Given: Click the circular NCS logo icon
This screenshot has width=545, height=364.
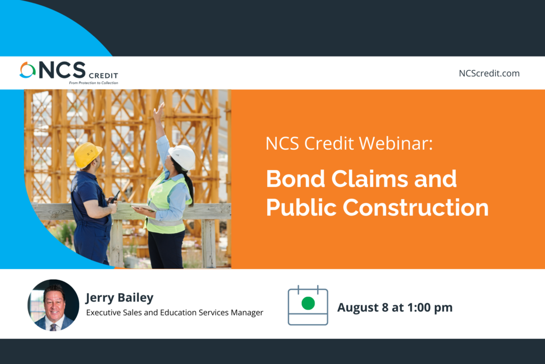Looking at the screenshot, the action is [x=28, y=70].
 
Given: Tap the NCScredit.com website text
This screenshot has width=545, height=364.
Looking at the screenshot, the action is [x=489, y=74].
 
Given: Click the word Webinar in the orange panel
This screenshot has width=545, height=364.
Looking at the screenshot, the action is [x=395, y=143].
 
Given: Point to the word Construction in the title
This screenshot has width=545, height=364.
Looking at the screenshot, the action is [x=416, y=207].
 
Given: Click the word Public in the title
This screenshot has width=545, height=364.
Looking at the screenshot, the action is [x=301, y=207].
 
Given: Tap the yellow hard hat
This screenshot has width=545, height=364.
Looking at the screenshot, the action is [x=88, y=155].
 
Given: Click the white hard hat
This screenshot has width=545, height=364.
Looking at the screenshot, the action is [x=183, y=157].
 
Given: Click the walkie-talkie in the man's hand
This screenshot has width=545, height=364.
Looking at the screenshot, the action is [x=115, y=197].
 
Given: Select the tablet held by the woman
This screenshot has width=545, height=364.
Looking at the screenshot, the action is [x=143, y=207].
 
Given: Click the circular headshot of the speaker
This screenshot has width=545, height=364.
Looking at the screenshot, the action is [x=53, y=305].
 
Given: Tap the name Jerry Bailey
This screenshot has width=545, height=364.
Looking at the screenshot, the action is [x=120, y=297].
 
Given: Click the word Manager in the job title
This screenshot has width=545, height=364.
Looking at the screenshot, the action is [x=247, y=312].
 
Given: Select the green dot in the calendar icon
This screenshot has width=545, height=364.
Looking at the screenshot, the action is [x=308, y=303].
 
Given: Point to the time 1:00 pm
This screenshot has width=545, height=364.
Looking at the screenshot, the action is [x=430, y=308].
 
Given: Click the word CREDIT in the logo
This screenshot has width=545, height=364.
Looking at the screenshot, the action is [x=104, y=76].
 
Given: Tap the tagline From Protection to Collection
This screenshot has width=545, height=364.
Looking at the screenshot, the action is [x=94, y=83].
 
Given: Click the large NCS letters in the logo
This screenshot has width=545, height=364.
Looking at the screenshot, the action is [x=62, y=70].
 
